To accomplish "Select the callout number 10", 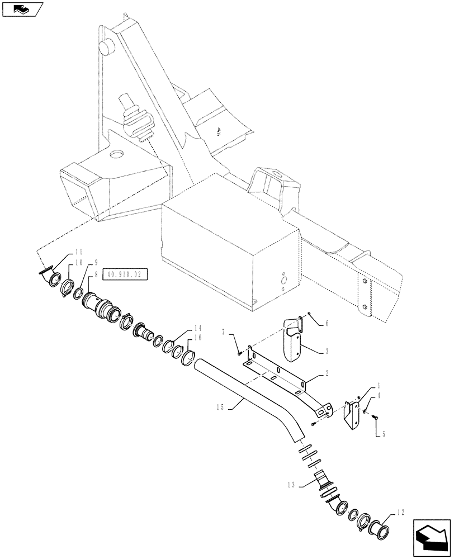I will coord(79,262).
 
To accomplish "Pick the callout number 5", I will coord(380,433).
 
